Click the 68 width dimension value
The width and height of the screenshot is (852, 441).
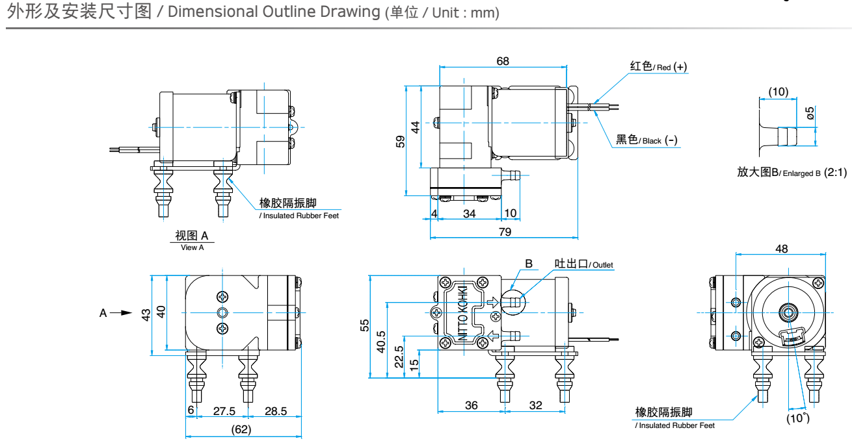(x=503, y=61)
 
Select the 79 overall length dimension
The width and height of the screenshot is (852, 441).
(x=504, y=231)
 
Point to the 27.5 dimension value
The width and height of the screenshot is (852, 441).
(x=224, y=411)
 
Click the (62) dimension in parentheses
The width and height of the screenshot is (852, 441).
(x=241, y=429)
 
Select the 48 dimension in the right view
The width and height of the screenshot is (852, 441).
(x=782, y=248)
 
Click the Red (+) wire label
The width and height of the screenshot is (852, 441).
(x=658, y=67)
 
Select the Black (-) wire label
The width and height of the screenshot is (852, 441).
(x=646, y=140)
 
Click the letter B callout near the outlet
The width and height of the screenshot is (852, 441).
(x=529, y=264)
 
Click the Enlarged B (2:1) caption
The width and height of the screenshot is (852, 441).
(x=792, y=172)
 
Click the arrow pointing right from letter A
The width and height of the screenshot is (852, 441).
(x=121, y=312)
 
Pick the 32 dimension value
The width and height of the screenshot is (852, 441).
(x=535, y=405)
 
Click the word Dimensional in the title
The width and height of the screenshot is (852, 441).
(x=207, y=12)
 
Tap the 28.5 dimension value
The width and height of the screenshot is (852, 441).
(x=276, y=411)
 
